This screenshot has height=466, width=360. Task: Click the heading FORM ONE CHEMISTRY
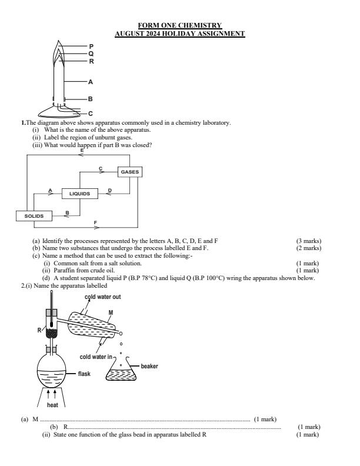point(179,25)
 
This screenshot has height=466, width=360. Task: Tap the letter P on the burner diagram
point(91,45)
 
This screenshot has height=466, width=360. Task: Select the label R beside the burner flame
point(91,61)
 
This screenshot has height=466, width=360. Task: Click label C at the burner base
point(91,113)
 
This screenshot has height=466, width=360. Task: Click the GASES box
point(130,172)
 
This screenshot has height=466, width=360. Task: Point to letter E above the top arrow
point(82,151)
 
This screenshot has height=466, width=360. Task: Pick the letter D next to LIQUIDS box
point(110,189)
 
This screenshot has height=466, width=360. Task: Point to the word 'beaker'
point(149,366)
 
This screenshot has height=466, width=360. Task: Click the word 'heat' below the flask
point(52,404)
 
